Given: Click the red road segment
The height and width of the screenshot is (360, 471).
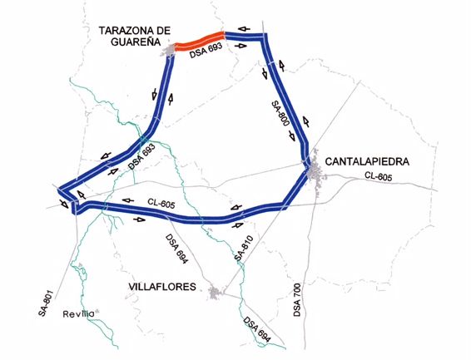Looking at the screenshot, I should coord(200,40).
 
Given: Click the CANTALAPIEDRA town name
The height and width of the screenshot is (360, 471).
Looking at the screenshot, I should coord(367,161).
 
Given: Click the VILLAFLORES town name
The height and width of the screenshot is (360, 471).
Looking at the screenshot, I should coord(163,287).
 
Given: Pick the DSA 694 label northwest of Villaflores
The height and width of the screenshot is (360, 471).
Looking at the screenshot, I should coord(177,249).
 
